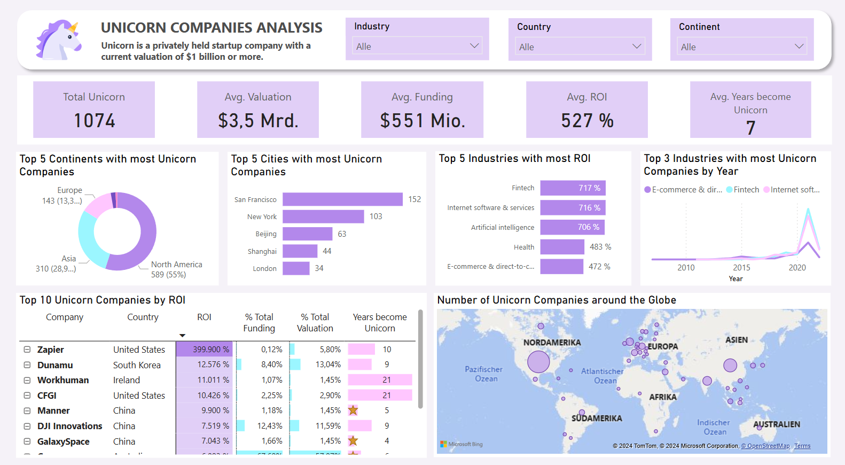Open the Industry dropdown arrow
pos(474,46)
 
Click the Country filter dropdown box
pos(580,46)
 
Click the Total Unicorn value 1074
pos(94,121)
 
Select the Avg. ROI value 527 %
pos(587,121)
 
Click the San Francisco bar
pos(342,199)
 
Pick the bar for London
pos(296,268)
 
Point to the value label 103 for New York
pos(376,216)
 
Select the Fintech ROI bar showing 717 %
pos(573,188)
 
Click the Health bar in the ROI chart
pos(562,247)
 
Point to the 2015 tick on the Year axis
pos(741,267)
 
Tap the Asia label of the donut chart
pos(68,259)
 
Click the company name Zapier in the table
pos(51,350)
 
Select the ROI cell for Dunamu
pos(205,365)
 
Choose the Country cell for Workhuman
pos(127,380)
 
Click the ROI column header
pos(204,317)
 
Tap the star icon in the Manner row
pos(353,410)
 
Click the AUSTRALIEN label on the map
pos(776,424)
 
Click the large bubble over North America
pos(538,362)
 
